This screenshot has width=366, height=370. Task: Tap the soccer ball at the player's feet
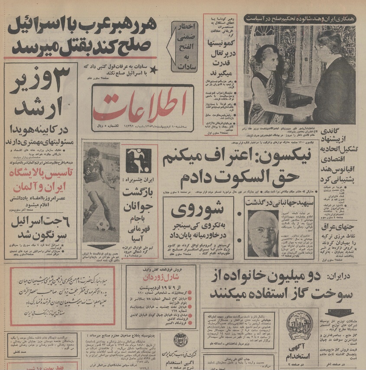click(x=103, y=225)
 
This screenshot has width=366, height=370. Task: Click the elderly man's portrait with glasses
click(x=263, y=233)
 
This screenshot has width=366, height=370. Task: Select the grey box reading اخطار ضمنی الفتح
click(x=184, y=46)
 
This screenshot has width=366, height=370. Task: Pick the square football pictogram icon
click(x=139, y=161)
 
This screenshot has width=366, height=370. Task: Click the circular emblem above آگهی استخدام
click(x=299, y=326)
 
